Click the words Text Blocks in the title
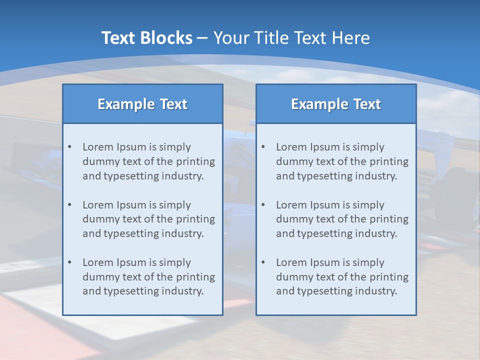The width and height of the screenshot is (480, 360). coord(146,38)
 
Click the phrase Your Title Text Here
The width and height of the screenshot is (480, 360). coord(291,38)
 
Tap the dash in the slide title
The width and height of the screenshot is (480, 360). coord(202,38)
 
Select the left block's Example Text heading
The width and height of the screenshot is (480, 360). coord(142,104)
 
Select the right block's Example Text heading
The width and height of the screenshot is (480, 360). coord(336,104)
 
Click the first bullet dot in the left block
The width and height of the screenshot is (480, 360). coord(70,147)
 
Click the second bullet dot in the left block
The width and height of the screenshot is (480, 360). coord(70,205)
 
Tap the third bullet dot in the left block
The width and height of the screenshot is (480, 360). coord(70,262)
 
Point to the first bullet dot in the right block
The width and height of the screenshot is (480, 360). coord(263,147)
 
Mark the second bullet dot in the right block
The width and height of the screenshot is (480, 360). coord(263,205)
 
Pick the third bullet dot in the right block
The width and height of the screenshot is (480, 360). coord(263,262)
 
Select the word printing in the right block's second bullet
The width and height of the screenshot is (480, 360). coord(389,219)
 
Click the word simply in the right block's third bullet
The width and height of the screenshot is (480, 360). coord(368,262)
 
